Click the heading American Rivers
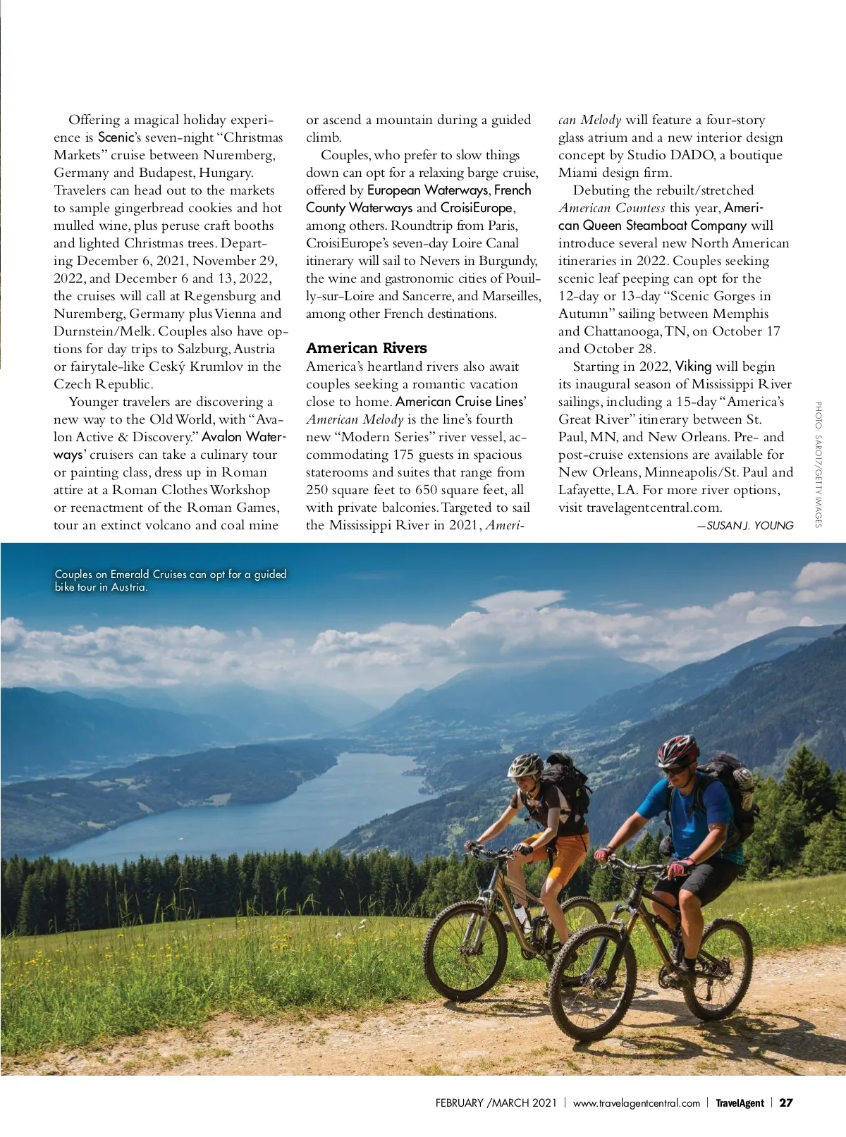(366, 348)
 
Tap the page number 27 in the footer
(786, 1102)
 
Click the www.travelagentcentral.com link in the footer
(636, 1102)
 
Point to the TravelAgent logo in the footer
(740, 1102)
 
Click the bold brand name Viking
(693, 367)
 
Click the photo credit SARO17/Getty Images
(818, 464)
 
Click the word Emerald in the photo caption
(131, 574)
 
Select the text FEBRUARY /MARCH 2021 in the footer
(496, 1102)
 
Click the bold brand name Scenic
(115, 137)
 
